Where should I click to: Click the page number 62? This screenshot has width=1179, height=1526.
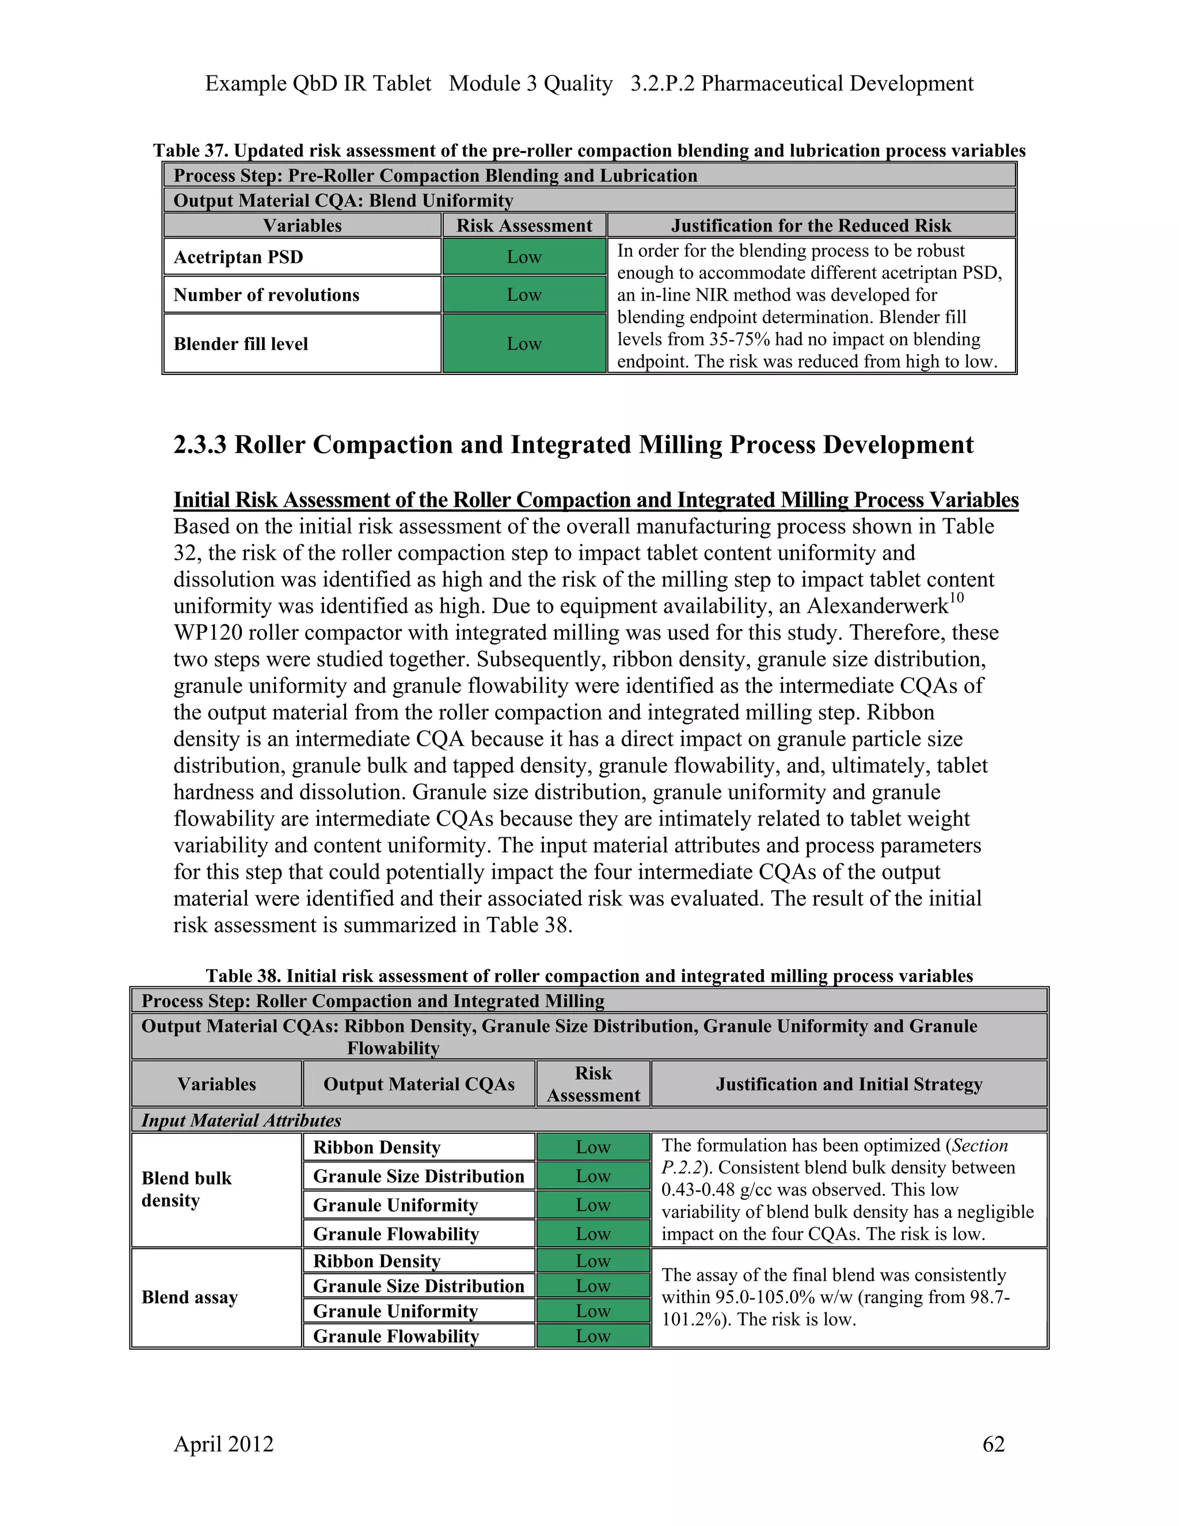[993, 1444]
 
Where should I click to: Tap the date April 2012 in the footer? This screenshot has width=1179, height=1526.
[223, 1444]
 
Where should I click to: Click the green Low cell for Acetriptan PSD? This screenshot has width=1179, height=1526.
[524, 257]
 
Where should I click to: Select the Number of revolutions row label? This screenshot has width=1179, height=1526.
[266, 295]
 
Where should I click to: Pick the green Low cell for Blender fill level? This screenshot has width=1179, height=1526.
[524, 344]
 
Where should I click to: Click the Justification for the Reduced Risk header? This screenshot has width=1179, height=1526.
[811, 226]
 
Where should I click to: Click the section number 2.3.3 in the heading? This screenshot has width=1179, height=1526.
[200, 445]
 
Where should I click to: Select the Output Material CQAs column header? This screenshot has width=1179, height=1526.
[419, 1084]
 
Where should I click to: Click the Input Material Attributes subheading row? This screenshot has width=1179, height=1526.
[241, 1120]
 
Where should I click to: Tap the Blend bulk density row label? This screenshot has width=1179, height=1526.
[187, 1189]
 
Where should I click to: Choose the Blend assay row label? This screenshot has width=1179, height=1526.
[189, 1297]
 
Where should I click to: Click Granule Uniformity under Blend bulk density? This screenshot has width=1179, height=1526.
[395, 1205]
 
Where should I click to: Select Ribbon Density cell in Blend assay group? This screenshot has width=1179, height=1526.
[376, 1261]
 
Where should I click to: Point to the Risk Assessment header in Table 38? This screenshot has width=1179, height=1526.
[593, 1084]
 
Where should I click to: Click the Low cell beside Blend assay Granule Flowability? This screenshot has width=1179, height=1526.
[593, 1336]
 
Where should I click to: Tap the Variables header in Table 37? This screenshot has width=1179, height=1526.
[302, 226]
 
